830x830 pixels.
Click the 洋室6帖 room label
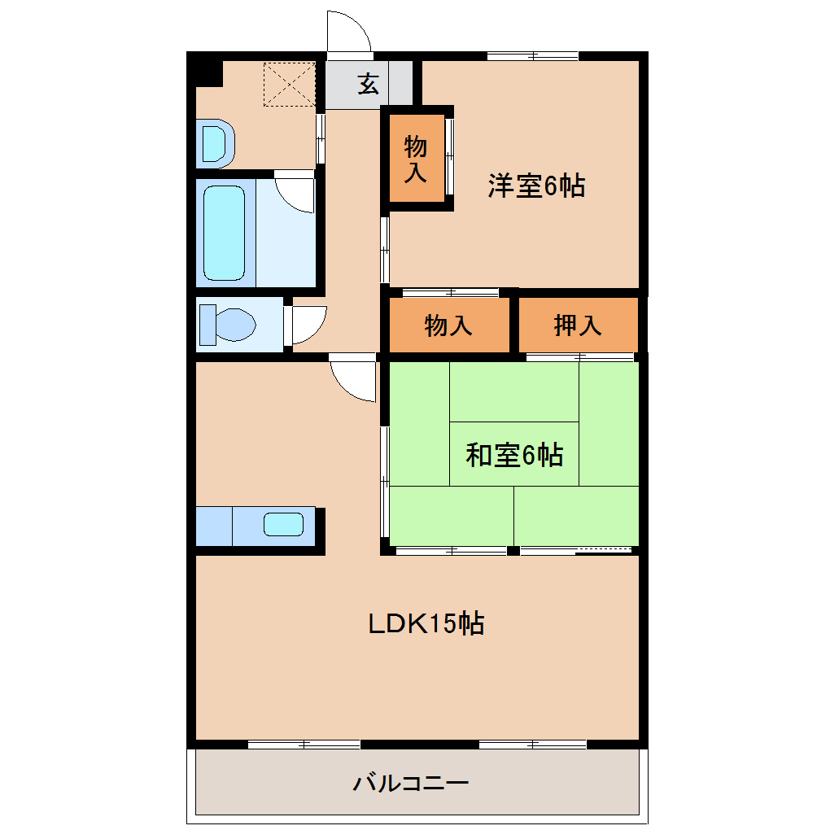coord(535,186)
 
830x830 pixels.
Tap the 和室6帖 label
coord(513,455)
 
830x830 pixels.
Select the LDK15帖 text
coord(426,623)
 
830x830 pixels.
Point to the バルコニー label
coord(410,784)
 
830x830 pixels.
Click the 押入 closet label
coord(577,325)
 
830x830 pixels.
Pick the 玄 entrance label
coord(369,84)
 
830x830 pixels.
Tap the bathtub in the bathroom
coord(224,232)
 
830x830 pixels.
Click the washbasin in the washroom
coord(216,144)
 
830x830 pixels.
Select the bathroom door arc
coord(295,192)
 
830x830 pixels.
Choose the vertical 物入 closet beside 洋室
coord(416,158)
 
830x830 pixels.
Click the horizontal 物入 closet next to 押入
coord(448,325)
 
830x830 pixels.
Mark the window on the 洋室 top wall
coord(532,56)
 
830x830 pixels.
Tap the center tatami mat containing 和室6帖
coord(513,453)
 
